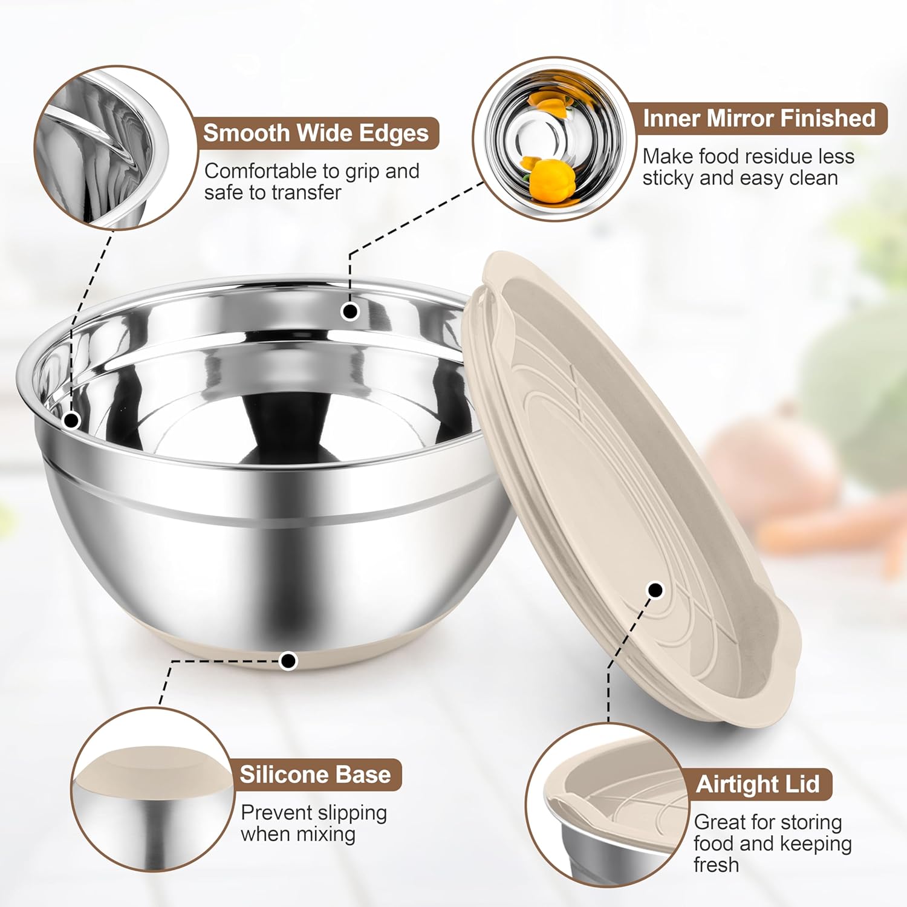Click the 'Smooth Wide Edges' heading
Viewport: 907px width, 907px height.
316,133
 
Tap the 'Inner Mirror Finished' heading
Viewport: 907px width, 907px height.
759,118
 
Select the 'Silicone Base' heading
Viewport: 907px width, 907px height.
315,775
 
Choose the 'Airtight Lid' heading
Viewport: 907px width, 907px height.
758,784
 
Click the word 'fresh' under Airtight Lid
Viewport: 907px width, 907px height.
716,865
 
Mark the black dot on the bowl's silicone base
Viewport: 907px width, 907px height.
289,660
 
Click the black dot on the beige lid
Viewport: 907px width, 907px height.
655,590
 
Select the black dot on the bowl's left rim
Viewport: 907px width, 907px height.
71,420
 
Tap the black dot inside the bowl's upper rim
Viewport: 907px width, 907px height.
350,311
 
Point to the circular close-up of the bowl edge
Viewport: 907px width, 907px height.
115,148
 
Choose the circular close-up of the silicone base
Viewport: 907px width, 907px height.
151,789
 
